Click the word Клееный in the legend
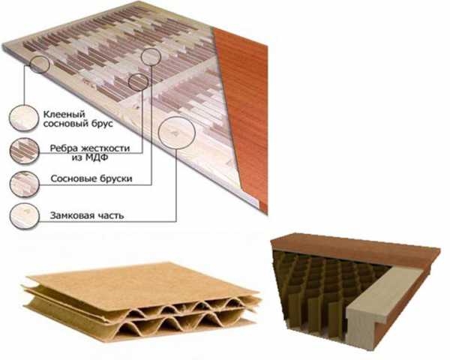point(64,114)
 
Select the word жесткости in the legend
point(105,148)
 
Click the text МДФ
point(97,157)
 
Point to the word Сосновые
point(73,178)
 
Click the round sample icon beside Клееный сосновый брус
point(24,118)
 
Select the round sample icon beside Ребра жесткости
point(25,151)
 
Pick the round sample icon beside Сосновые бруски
point(25,184)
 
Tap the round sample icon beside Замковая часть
point(25,216)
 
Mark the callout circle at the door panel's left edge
point(30,64)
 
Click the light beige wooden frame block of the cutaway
point(379,304)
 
